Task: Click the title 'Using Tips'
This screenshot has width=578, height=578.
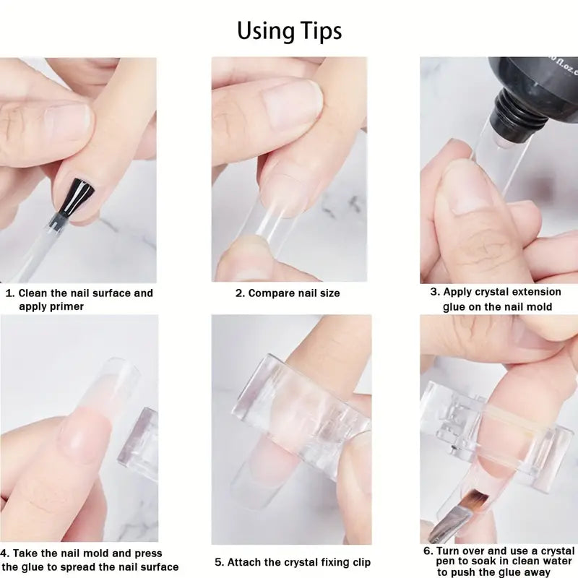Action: click(x=289, y=30)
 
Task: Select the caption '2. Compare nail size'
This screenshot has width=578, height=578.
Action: click(x=288, y=293)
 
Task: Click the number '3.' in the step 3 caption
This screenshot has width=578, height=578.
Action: click(x=435, y=292)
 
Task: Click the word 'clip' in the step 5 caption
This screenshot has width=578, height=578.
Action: click(x=358, y=561)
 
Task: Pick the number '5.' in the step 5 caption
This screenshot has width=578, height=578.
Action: click(x=220, y=561)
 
